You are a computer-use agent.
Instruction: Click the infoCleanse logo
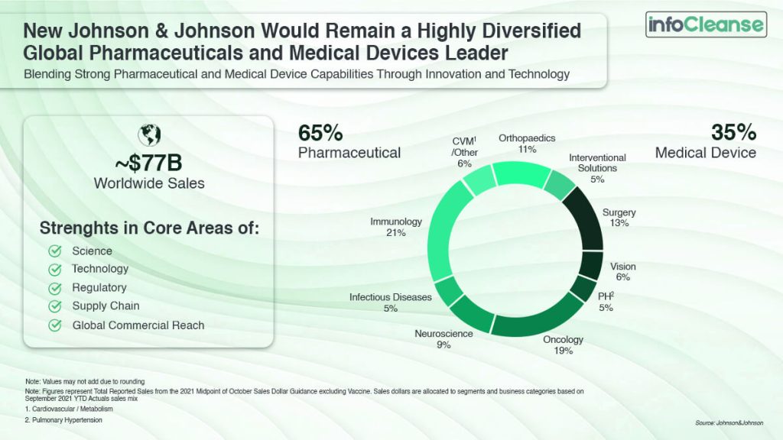click(x=706, y=24)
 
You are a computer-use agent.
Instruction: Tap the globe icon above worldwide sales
click(x=148, y=135)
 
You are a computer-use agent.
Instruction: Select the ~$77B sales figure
click(x=148, y=163)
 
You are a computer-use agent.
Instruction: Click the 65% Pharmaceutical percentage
click(x=320, y=132)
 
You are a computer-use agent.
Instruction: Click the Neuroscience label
click(x=443, y=334)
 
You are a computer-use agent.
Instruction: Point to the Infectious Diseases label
click(x=391, y=297)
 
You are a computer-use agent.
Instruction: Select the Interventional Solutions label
click(x=597, y=163)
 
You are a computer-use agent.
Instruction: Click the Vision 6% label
click(x=622, y=272)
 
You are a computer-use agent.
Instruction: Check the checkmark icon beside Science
click(x=55, y=251)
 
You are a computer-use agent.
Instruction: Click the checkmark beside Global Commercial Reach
click(x=55, y=325)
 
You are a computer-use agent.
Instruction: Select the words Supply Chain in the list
click(x=106, y=306)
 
